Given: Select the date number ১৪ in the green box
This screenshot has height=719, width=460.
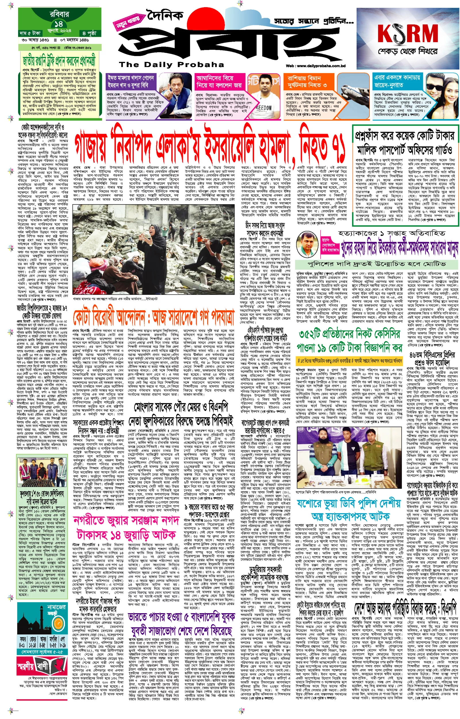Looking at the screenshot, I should [59, 24].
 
